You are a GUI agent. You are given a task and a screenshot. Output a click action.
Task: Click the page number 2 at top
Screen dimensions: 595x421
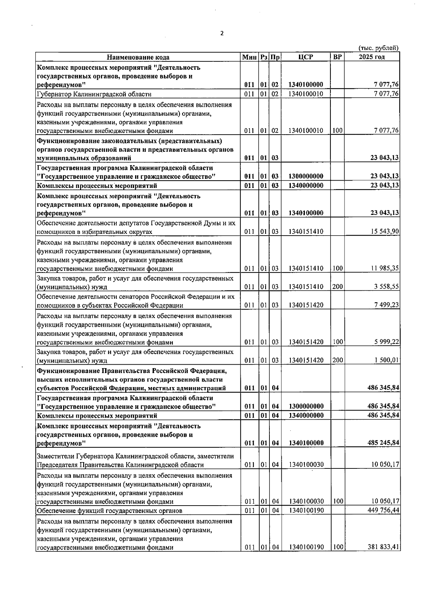[221, 33]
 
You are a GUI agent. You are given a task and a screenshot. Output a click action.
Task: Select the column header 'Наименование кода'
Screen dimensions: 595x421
[138, 57]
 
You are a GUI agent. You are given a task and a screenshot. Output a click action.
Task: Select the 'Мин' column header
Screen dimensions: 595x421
[249, 57]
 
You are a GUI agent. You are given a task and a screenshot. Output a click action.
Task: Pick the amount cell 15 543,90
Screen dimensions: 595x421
[385, 231]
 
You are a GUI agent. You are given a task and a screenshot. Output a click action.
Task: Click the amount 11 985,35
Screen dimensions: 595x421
[385, 269]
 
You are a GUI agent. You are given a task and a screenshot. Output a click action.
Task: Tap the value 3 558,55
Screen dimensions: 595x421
[386, 287]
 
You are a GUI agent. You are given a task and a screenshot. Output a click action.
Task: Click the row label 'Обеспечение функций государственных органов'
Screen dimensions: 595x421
[109, 510]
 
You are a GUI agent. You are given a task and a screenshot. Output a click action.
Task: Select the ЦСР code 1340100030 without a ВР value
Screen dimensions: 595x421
[306, 465]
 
